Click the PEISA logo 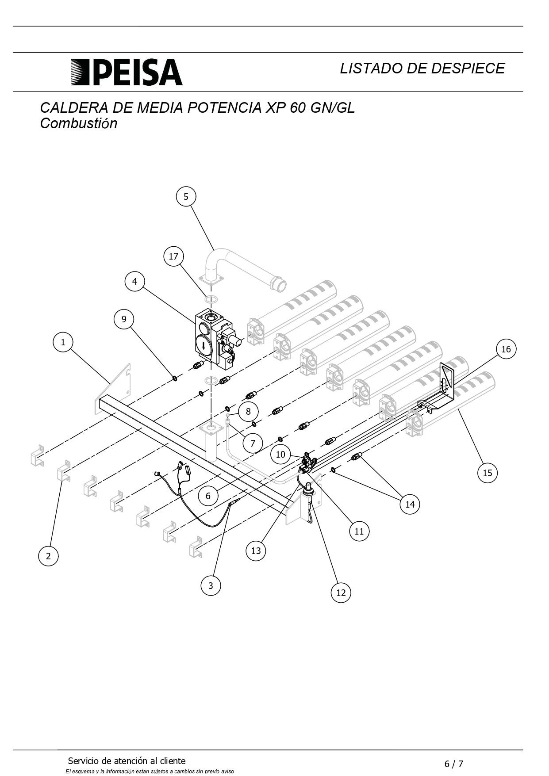point(127,72)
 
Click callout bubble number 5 point(186,196)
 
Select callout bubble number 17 point(173,256)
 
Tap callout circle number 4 point(134,281)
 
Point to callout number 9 point(124,319)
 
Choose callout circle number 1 point(63,342)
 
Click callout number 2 point(48,556)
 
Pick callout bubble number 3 point(211,585)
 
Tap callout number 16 point(506,349)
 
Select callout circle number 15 point(488,473)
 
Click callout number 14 point(410,504)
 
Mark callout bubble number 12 point(341,593)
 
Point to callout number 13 point(256,550)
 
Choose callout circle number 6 point(208,496)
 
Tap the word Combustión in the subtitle point(79,123)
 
